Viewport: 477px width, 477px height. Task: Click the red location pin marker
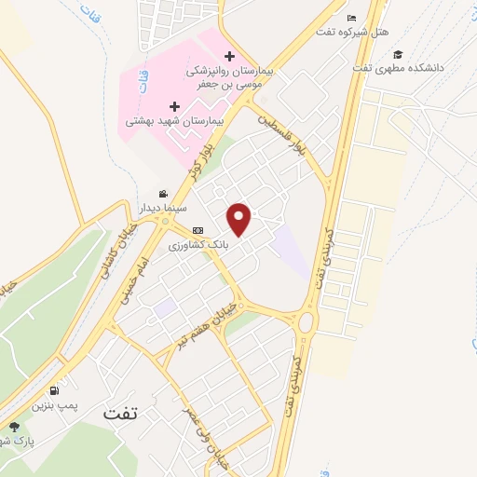(240, 219)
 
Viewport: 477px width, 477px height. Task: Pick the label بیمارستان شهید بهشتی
(174, 121)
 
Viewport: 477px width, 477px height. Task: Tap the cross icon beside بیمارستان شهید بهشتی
(173, 106)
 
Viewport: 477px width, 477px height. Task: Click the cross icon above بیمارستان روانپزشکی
(229, 56)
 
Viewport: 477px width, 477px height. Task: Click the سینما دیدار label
(163, 208)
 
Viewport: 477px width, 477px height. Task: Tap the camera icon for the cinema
(164, 193)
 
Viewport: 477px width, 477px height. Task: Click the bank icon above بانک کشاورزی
(197, 231)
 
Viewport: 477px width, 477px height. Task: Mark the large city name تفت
(120, 414)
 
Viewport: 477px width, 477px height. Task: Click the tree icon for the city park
(13, 427)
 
